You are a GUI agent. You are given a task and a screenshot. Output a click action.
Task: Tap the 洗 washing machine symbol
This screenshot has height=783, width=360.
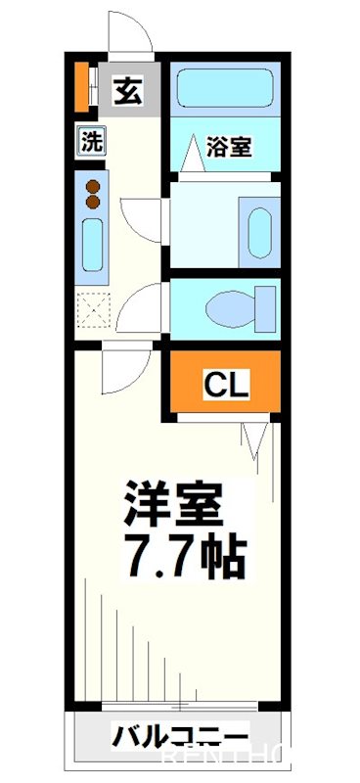coord(92,140)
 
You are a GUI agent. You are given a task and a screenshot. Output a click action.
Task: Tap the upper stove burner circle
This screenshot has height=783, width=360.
coord(94,186)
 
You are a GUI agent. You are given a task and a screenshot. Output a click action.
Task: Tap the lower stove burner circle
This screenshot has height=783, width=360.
coord(94,203)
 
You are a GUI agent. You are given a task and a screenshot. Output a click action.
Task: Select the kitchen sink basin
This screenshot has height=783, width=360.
coord(93,245)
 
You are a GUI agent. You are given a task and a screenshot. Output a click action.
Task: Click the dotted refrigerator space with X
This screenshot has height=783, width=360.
coord(93,313)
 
